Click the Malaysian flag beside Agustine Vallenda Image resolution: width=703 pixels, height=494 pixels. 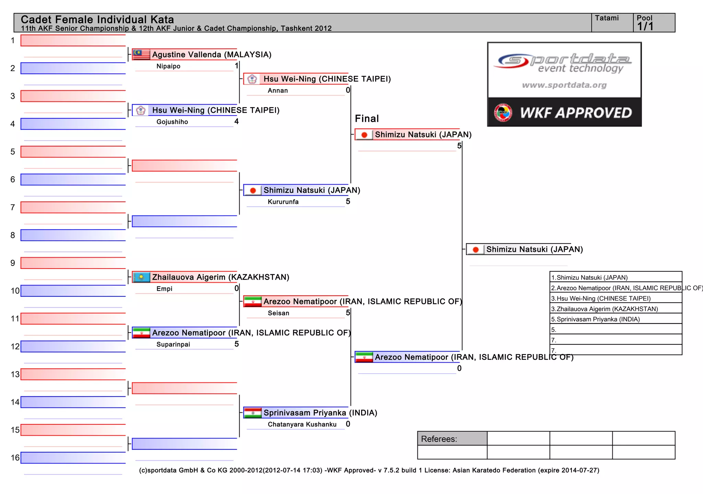point(141,55)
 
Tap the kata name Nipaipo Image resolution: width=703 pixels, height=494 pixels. point(168,66)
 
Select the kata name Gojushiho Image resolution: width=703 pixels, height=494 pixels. point(172,122)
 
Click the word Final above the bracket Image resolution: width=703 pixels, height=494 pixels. point(367,119)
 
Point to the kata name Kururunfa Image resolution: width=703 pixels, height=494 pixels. point(283,202)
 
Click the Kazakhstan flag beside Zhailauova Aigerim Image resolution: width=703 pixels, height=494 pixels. point(141,277)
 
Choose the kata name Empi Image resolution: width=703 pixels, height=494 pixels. point(164,289)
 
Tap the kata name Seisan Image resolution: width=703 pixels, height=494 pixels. point(278,313)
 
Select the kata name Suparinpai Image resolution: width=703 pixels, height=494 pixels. point(173,344)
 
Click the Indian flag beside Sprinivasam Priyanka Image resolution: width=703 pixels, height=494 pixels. point(253,413)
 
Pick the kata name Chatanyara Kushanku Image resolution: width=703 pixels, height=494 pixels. point(302,424)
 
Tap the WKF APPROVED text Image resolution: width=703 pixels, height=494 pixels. point(576,113)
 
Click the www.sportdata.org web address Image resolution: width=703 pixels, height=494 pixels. point(564,85)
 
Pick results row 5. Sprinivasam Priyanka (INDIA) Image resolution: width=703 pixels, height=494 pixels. point(595,319)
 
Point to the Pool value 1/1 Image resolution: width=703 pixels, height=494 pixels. point(645,26)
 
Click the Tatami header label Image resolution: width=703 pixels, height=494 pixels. point(607,18)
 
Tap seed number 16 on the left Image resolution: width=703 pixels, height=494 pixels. point(15,458)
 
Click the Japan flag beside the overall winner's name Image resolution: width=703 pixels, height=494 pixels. point(475,249)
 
